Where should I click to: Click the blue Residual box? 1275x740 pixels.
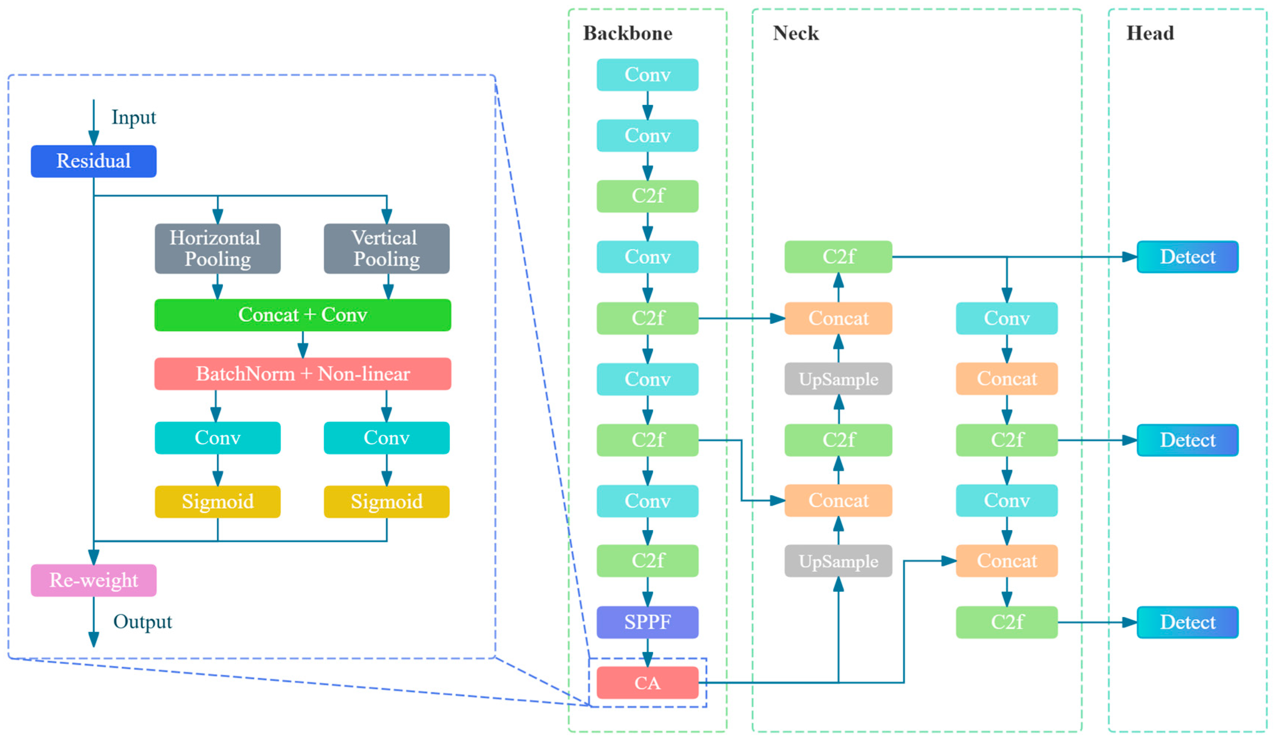(x=93, y=161)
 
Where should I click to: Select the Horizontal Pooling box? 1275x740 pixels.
(x=218, y=249)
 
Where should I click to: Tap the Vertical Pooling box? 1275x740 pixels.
(x=387, y=249)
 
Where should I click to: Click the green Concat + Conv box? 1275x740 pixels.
(x=303, y=315)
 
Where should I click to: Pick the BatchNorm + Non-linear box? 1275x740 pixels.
(x=303, y=374)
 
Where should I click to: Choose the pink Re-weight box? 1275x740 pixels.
(x=93, y=580)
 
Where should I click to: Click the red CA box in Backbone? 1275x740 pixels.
(x=648, y=683)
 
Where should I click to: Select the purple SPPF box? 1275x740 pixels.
(x=648, y=622)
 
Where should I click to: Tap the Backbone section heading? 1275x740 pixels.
(x=628, y=33)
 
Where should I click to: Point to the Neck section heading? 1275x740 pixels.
(x=795, y=33)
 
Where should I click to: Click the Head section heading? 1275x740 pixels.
(x=1150, y=33)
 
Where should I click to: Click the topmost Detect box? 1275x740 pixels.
(x=1188, y=257)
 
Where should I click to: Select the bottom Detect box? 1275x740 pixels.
(x=1188, y=622)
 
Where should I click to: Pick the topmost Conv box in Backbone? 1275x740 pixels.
(x=648, y=75)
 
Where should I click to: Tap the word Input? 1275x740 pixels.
(x=133, y=118)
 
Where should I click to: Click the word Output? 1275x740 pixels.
(x=143, y=622)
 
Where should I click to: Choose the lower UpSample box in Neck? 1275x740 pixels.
(x=838, y=561)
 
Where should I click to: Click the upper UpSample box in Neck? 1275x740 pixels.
(x=838, y=379)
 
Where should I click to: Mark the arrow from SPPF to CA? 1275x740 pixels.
(x=648, y=653)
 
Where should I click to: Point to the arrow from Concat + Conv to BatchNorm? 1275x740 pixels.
(x=303, y=344)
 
